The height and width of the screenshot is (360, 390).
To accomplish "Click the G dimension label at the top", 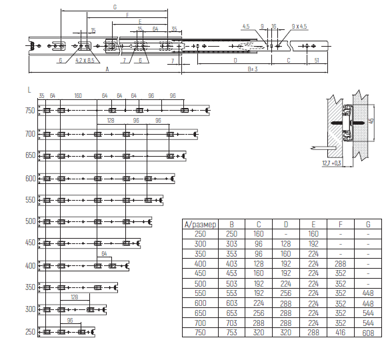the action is [x=115, y=7].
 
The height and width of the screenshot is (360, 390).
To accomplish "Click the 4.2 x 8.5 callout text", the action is [x=85, y=61].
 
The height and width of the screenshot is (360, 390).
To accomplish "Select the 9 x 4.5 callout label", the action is [x=299, y=27].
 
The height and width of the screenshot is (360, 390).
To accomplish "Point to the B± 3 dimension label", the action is [x=253, y=69].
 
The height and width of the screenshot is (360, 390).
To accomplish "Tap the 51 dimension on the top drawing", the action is [x=317, y=61].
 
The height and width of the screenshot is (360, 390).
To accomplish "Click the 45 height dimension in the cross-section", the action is [x=371, y=121].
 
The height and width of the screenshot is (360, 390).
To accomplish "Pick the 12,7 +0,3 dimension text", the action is [x=331, y=163].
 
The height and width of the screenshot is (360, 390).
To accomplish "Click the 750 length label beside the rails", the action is [x=30, y=111].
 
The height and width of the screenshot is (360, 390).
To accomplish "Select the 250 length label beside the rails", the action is [x=30, y=332].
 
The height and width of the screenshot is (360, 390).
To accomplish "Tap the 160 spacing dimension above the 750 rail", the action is [x=78, y=96].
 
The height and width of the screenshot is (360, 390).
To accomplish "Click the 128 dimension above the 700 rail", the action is [x=111, y=121].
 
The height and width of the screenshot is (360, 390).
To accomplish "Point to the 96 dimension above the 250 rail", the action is [x=70, y=320].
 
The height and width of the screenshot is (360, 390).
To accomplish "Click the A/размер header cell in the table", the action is [x=200, y=225].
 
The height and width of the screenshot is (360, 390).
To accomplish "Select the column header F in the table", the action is [x=341, y=225].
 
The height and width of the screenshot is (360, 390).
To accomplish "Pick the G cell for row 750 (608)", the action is [x=368, y=333].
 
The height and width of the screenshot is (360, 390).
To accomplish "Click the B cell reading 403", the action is [x=231, y=263].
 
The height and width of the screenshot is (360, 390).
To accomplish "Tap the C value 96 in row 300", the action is [x=259, y=243].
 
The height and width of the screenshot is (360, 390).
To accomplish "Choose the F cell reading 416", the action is [x=341, y=333].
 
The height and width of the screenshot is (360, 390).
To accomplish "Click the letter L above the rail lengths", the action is [x=29, y=90].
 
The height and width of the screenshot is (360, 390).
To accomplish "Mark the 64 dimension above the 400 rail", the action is [x=104, y=253].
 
